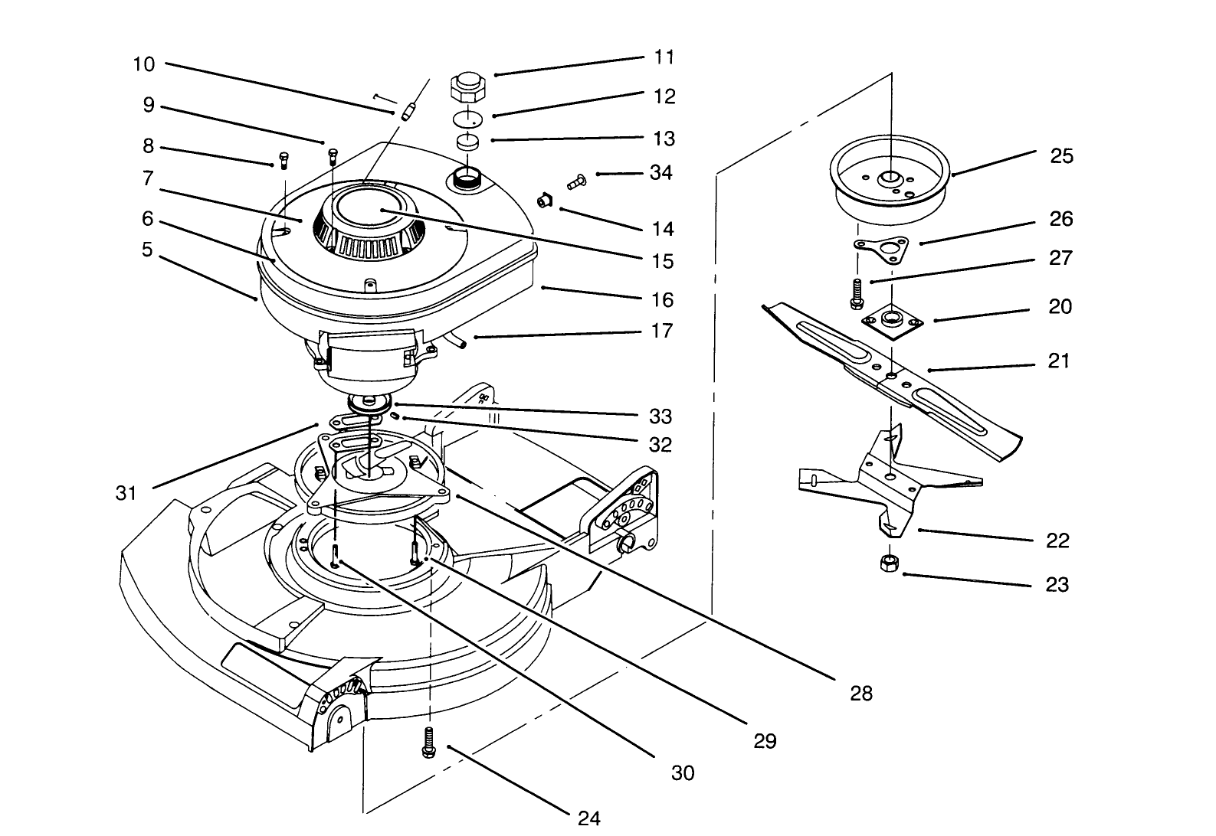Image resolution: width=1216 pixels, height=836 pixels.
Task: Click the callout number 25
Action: coord(1061,156)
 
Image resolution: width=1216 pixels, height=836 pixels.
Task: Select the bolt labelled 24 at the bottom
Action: coord(428,743)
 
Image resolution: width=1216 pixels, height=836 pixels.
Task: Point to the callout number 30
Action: coord(682,773)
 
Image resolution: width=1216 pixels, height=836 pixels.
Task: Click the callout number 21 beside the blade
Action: coord(1058,361)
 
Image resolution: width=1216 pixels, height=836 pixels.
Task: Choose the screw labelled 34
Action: coord(575,181)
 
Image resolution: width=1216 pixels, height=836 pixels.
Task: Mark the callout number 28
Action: coord(861,694)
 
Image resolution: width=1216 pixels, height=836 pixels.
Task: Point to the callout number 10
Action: coord(144,64)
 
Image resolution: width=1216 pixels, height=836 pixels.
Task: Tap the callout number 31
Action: coord(126,493)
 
